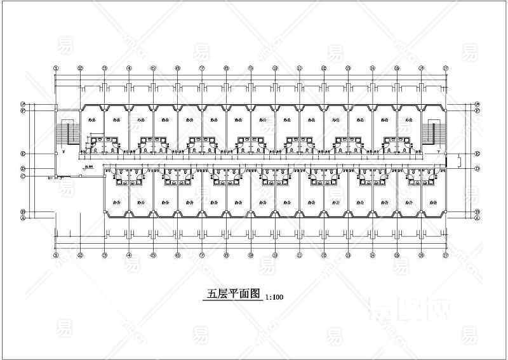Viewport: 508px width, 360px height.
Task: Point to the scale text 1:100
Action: tap(274, 297)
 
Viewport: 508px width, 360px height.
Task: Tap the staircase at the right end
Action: tap(434, 132)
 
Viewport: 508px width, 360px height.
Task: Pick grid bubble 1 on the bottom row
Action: tap(56, 255)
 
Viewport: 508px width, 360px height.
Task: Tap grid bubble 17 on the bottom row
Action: tap(446, 255)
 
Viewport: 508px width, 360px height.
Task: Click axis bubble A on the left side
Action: tap(23, 217)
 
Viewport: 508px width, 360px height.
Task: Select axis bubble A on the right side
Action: tap(477, 217)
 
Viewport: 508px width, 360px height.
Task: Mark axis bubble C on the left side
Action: tap(23, 176)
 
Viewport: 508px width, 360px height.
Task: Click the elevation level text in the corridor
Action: tap(89, 166)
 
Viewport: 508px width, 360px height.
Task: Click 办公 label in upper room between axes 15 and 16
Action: tap(408, 118)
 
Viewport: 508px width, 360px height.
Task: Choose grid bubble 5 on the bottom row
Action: tap(153, 255)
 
